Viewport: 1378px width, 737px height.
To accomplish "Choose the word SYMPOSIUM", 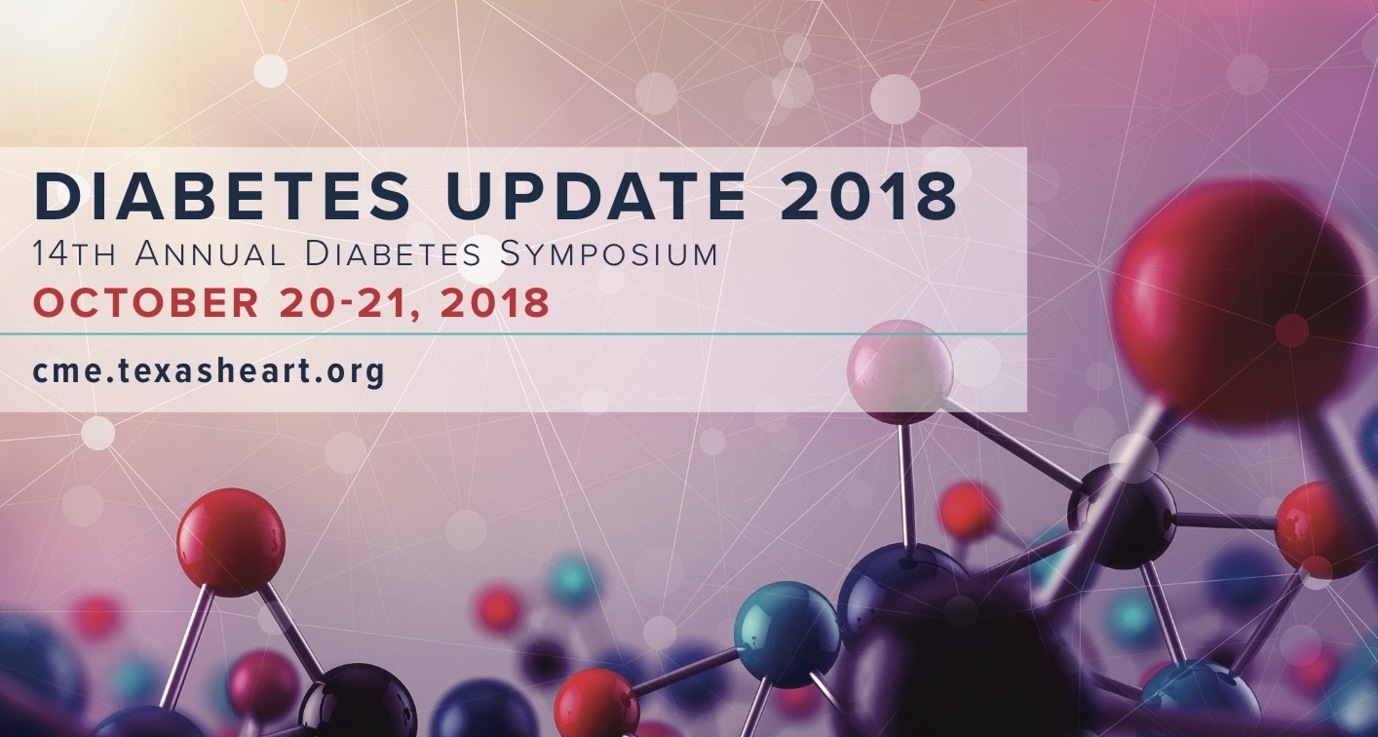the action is pos(609,254).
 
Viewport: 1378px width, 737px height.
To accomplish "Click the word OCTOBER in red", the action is pos(146,302).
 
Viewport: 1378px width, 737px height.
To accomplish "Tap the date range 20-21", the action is pos(353,302).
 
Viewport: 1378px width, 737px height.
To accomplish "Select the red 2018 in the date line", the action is pos(495,302).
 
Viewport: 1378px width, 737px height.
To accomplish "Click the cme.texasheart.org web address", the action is pos(210,371).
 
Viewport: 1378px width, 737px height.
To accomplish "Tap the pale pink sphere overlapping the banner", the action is pos(900,372).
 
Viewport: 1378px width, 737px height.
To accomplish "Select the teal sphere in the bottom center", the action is pos(788,635).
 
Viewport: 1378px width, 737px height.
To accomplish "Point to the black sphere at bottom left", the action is pos(358,701).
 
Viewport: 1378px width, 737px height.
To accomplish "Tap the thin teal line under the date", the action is pos(514,334).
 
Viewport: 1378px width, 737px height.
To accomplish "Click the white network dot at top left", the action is pos(271,71).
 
